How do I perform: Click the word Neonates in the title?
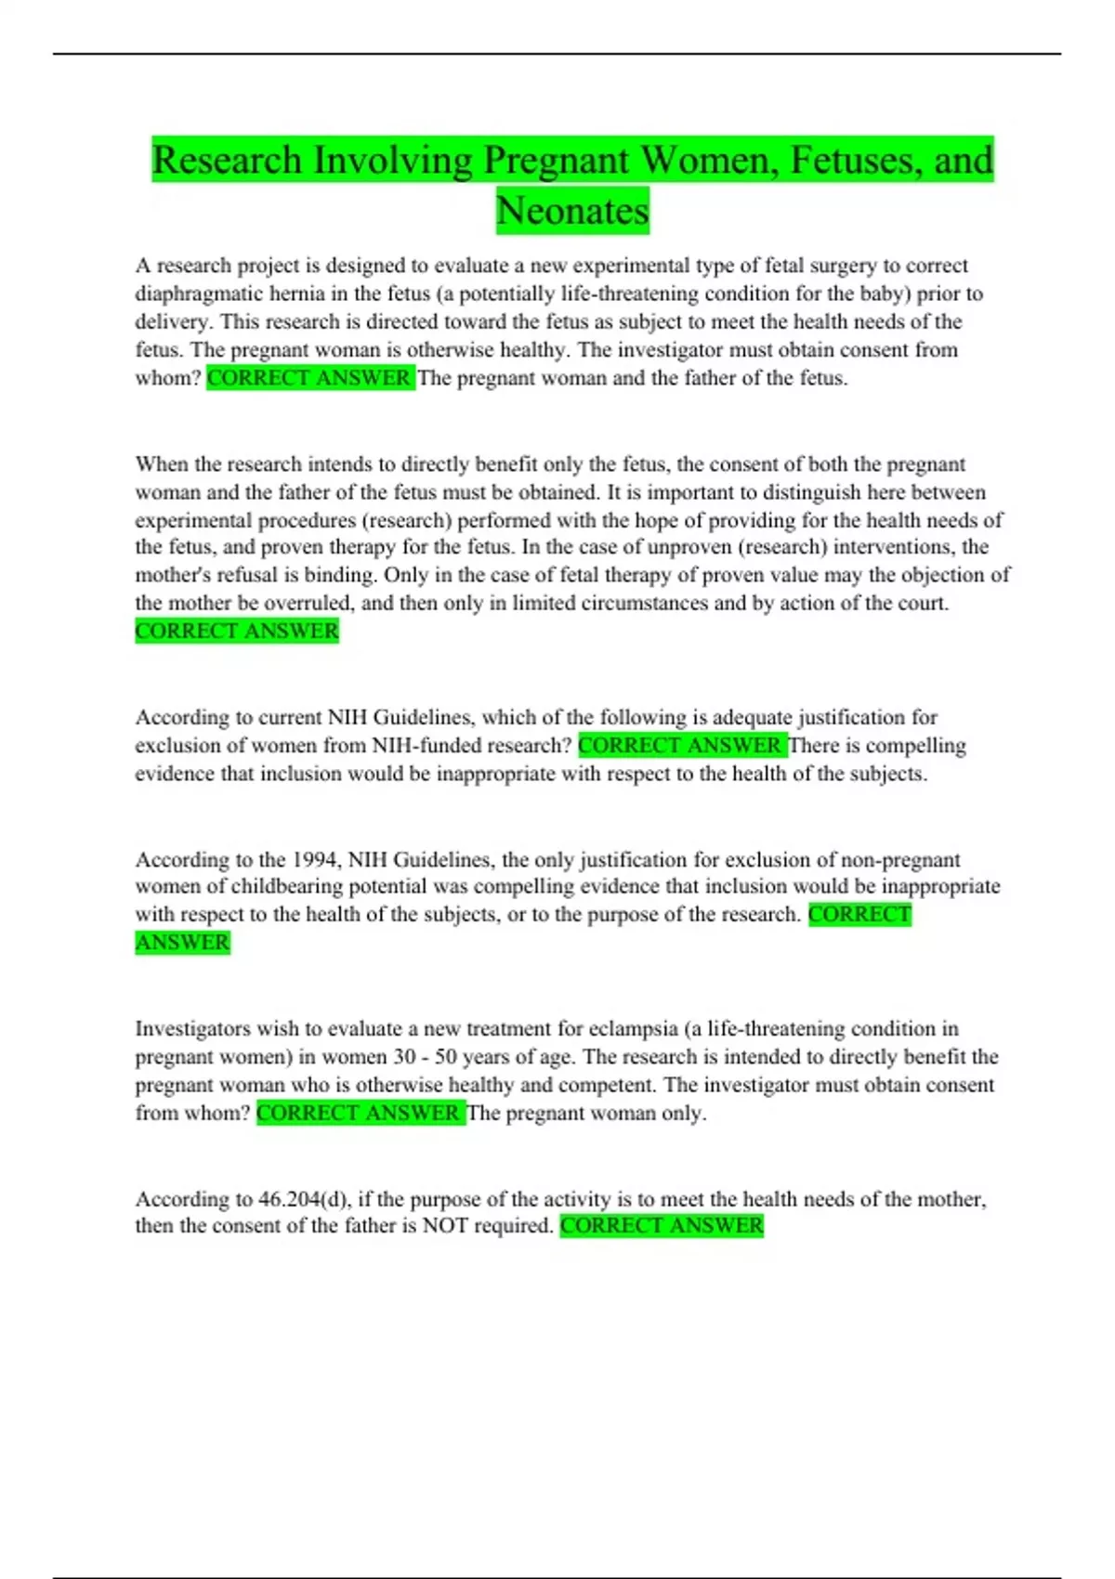coord(572,211)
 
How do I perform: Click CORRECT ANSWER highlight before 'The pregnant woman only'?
coord(359,1113)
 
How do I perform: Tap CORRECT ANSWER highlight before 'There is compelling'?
coord(680,746)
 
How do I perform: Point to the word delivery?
coord(172,322)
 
